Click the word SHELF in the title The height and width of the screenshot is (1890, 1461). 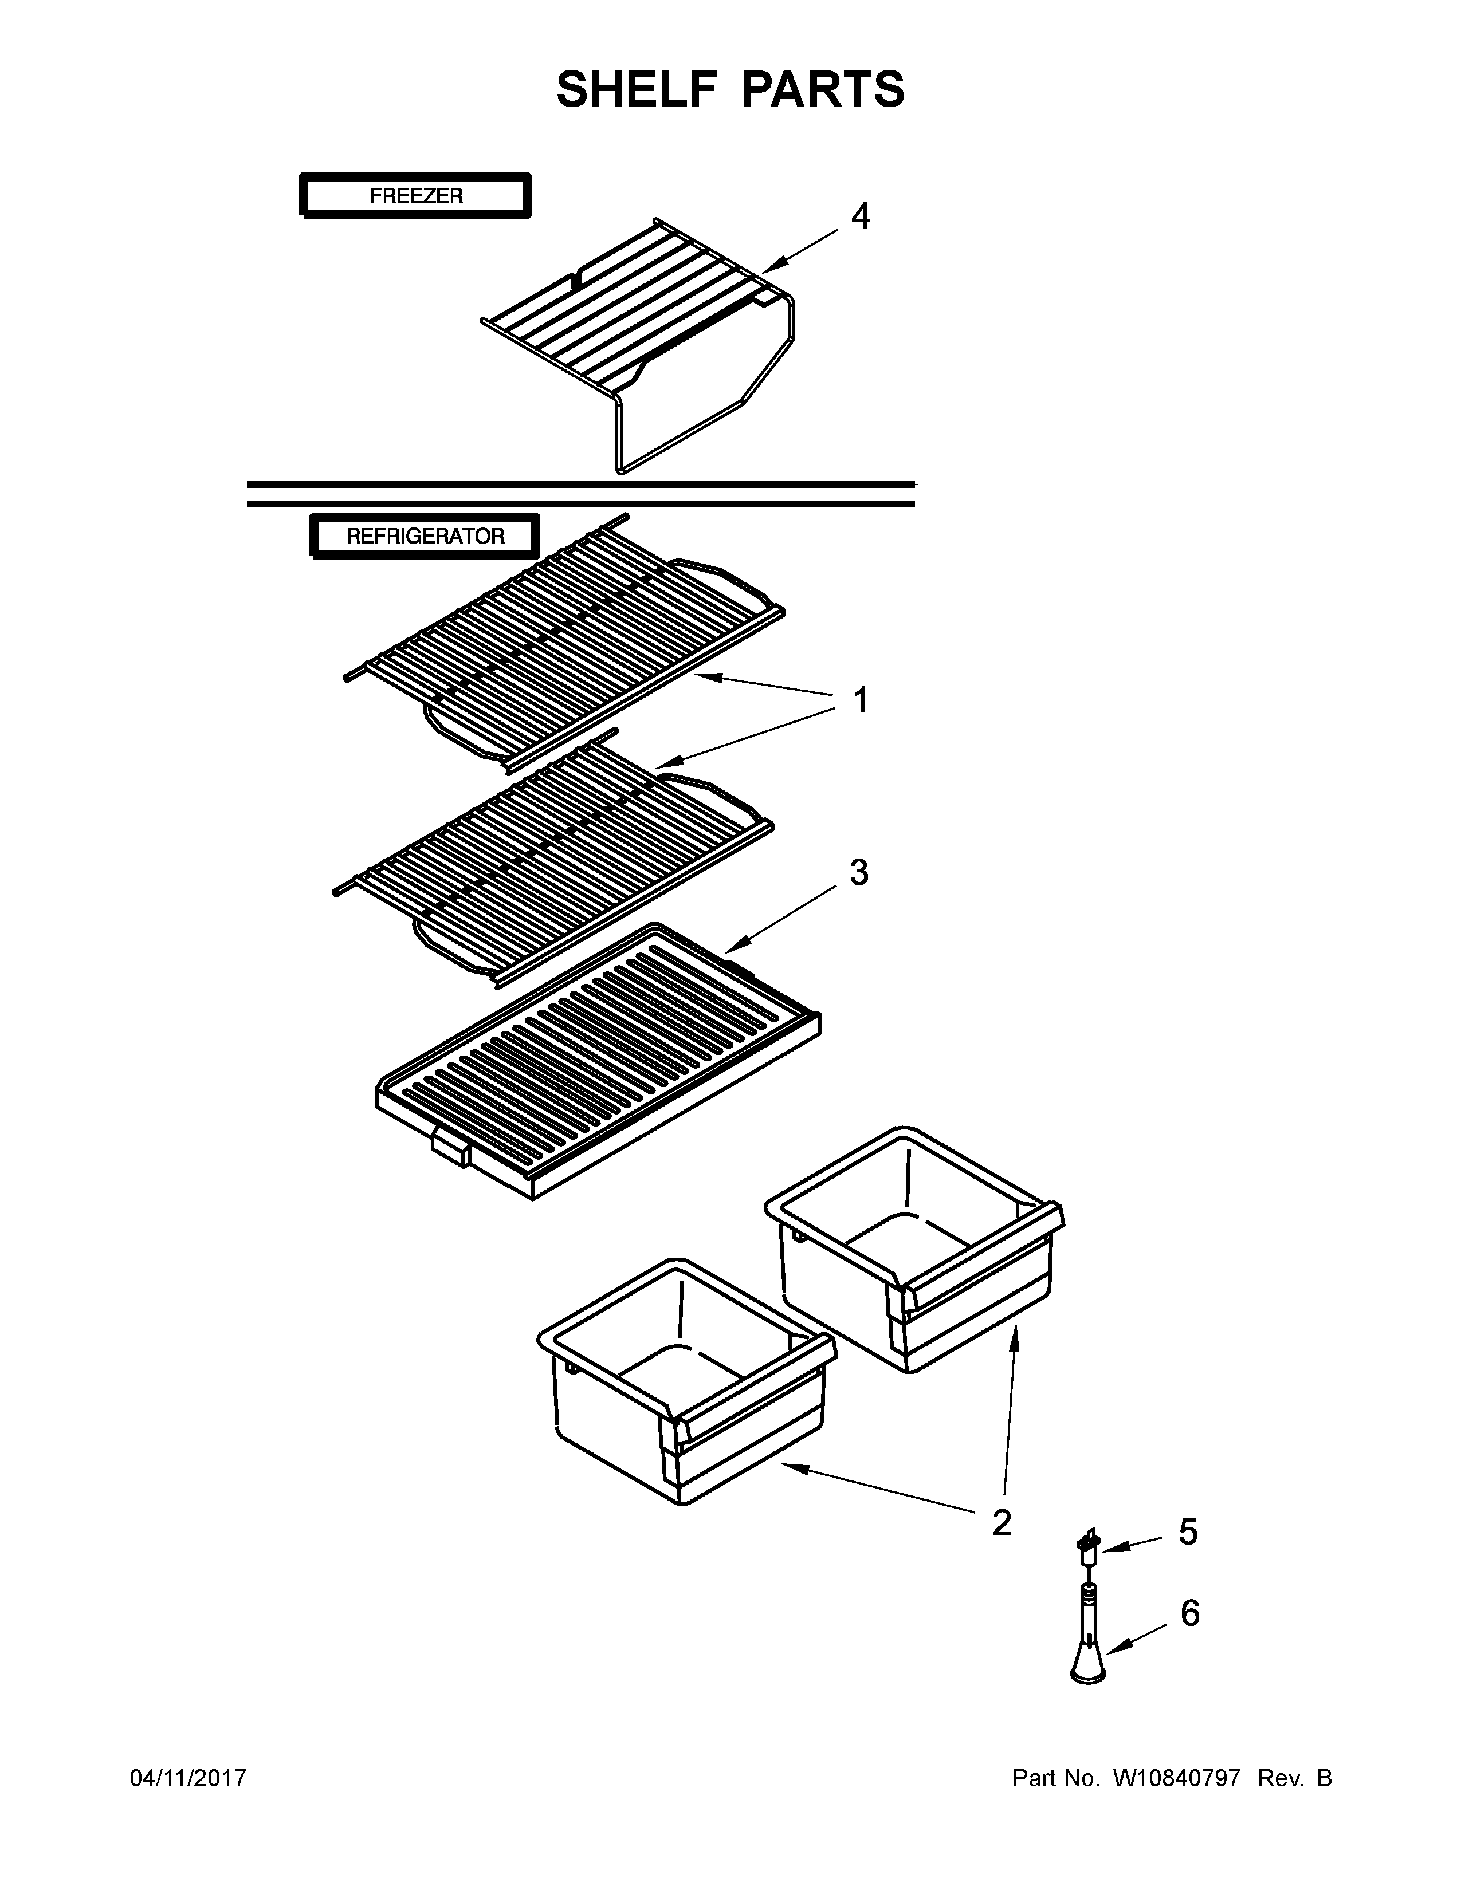pyautogui.click(x=636, y=90)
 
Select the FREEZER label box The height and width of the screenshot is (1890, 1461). pyautogui.click(x=415, y=195)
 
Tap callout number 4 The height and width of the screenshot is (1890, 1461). pyautogui.click(x=859, y=216)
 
